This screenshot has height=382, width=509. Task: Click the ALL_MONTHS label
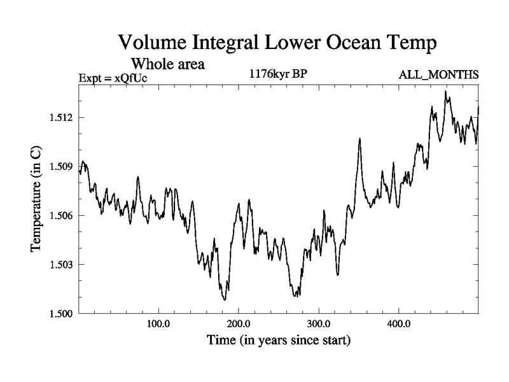pyautogui.click(x=438, y=75)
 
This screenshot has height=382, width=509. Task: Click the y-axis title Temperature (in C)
pyautogui.click(x=36, y=199)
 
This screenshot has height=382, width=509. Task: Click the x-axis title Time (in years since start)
pyautogui.click(x=279, y=341)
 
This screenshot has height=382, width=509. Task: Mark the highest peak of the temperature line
pyautogui.click(x=445, y=91)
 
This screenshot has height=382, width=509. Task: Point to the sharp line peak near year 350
pyautogui.click(x=359, y=138)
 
